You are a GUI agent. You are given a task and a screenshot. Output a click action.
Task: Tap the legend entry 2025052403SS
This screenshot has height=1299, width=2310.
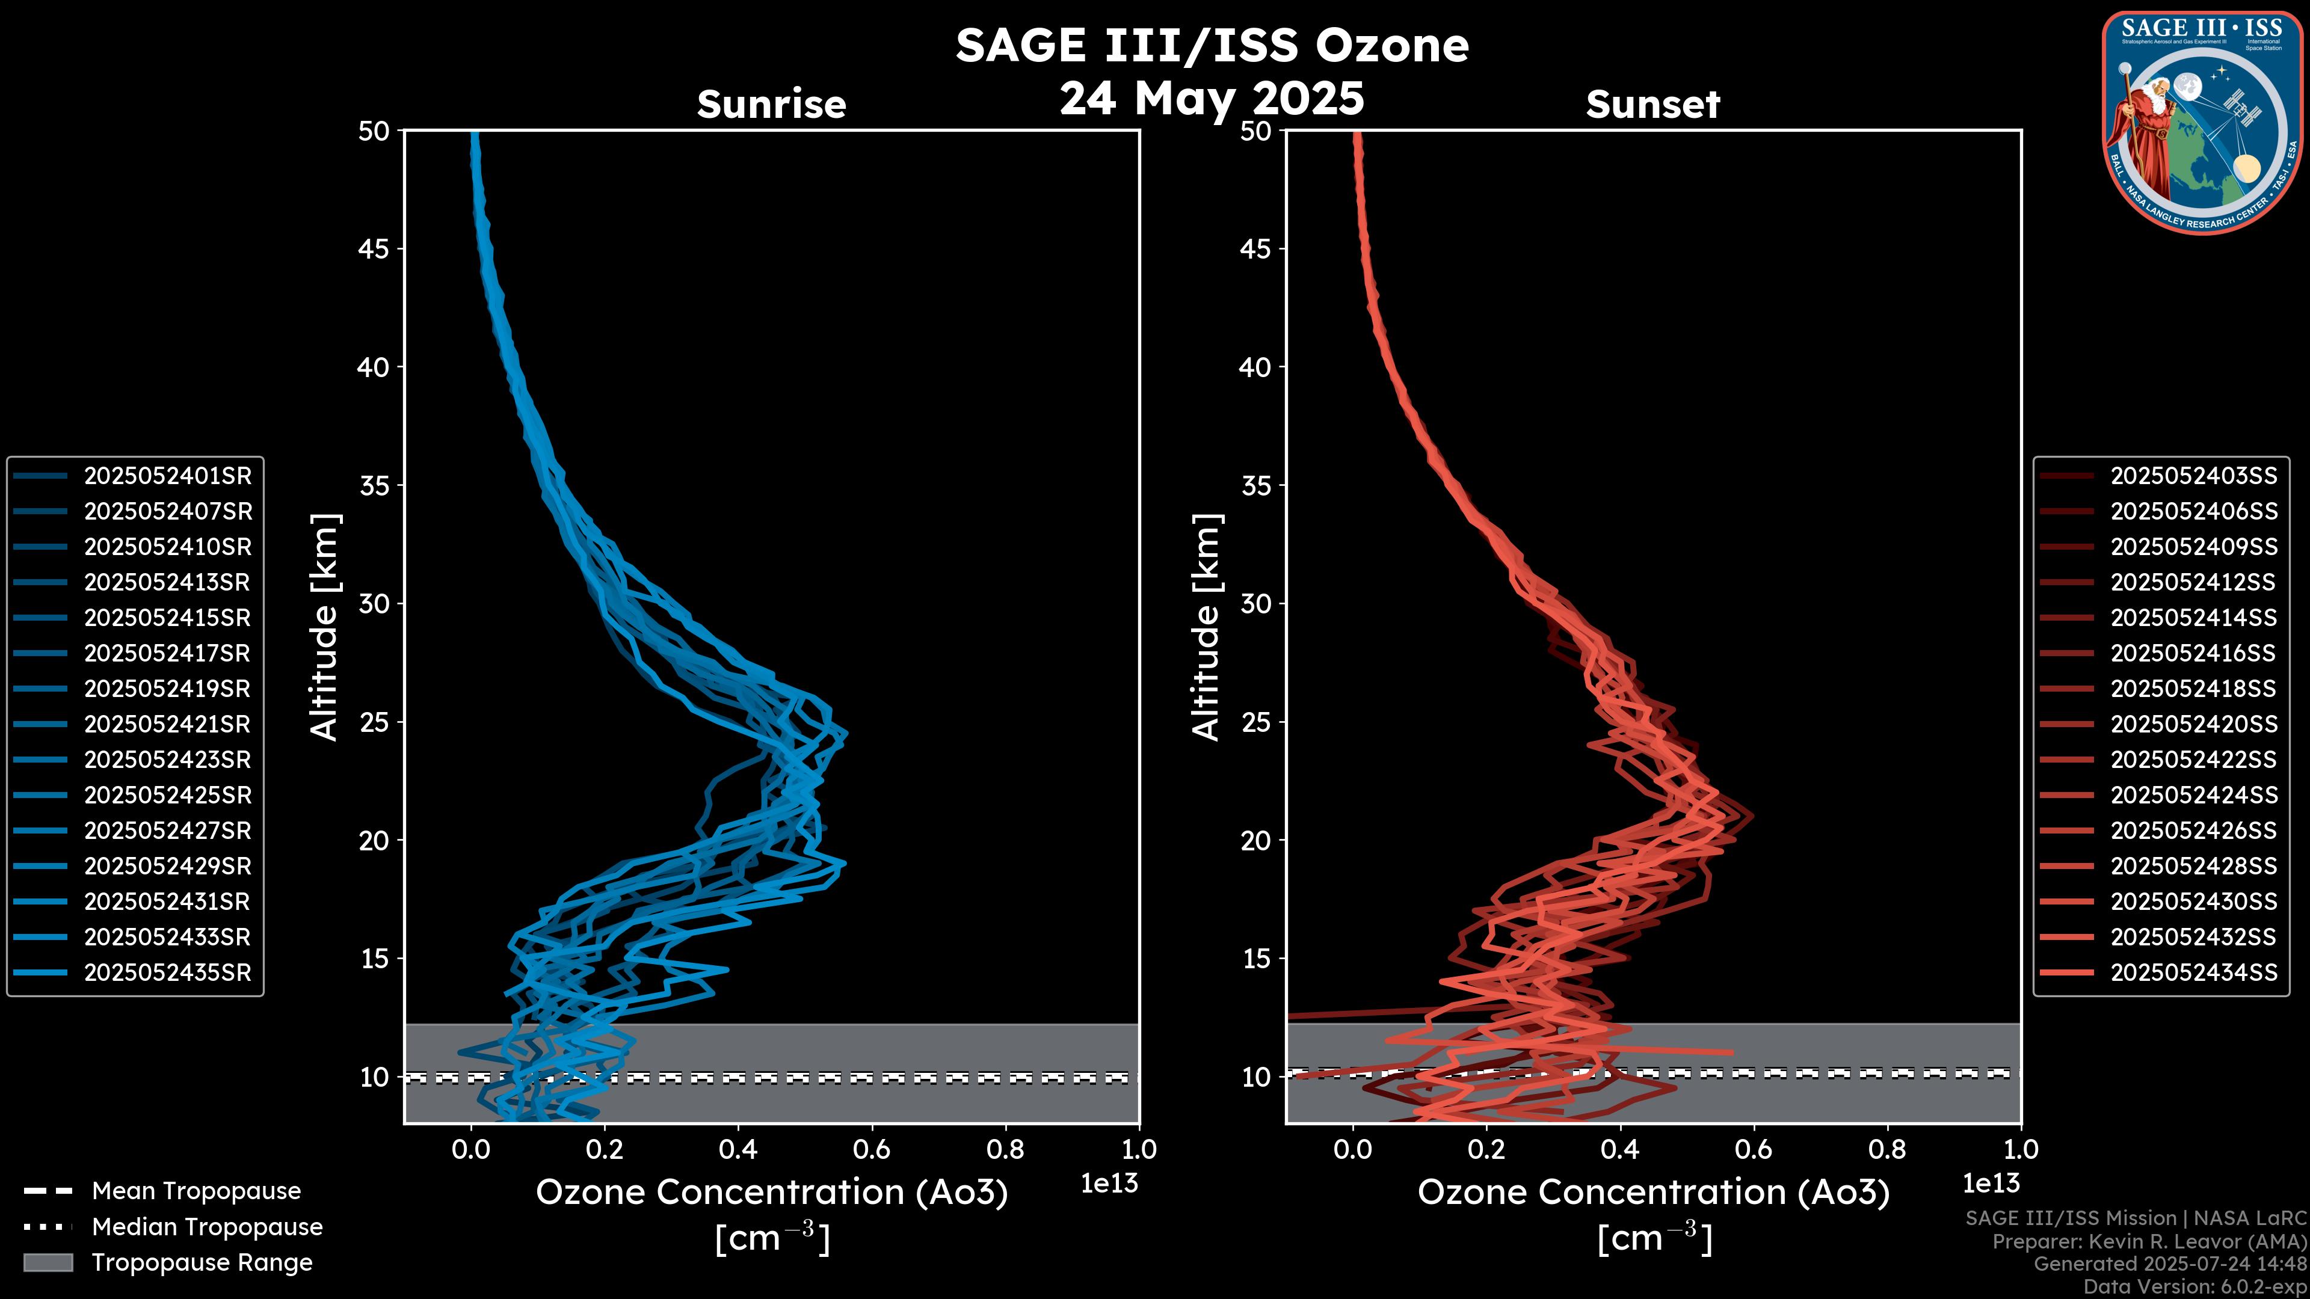tap(2193, 476)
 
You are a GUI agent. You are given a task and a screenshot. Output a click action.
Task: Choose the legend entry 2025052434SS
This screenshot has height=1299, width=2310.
tap(2193, 972)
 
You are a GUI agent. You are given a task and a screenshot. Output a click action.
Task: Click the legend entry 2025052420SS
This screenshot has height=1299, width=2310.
tap(2193, 724)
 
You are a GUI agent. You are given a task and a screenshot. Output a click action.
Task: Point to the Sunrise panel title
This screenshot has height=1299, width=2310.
tap(771, 105)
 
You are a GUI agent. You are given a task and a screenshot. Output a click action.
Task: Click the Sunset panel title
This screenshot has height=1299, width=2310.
tap(1652, 105)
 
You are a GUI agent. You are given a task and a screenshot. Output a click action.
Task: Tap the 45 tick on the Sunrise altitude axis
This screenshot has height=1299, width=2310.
tap(374, 249)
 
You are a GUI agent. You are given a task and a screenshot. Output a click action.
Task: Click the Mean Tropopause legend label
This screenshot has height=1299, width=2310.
tap(196, 1191)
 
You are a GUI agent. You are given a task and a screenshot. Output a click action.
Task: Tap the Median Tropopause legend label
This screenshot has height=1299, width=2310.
tap(207, 1227)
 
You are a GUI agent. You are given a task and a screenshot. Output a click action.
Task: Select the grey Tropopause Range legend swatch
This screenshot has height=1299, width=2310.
tap(48, 1263)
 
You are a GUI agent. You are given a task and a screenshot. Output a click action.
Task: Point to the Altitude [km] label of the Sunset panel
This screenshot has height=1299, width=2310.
tap(1206, 627)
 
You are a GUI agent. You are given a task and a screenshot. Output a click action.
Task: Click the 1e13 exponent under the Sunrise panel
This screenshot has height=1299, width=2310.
tap(1109, 1184)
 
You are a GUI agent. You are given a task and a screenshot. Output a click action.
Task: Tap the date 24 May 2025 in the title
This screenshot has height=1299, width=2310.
tap(1212, 97)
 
